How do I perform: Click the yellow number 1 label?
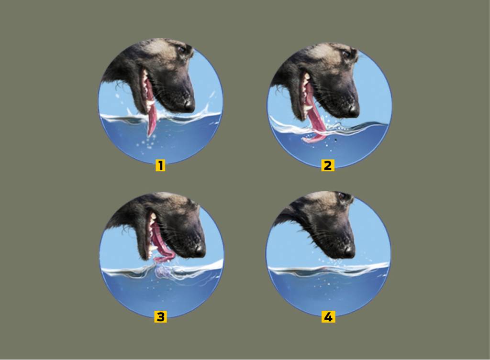click(160, 165)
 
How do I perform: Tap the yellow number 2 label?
click(327, 165)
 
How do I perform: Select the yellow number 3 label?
click(160, 316)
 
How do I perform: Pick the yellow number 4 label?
click(328, 317)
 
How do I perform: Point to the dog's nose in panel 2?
click(353, 110)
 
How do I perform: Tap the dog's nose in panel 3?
click(200, 250)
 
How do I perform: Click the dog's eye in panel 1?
click(181, 49)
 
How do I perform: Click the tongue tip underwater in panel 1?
click(150, 133)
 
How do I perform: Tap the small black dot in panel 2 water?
click(335, 140)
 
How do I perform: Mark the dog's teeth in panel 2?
click(305, 94)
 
